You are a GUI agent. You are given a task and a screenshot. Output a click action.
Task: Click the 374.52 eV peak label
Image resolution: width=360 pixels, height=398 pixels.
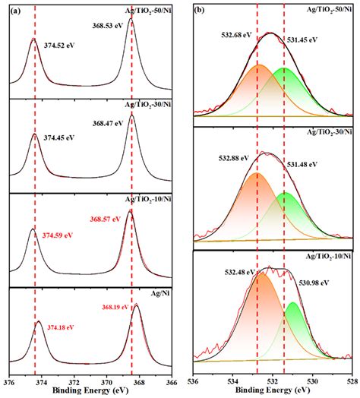(x=60, y=45)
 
